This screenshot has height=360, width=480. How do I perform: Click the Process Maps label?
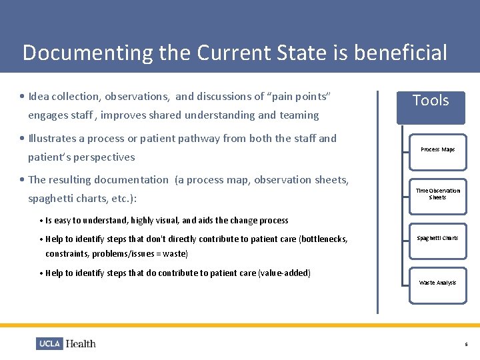coord(437,149)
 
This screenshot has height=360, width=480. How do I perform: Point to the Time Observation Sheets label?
coord(437,194)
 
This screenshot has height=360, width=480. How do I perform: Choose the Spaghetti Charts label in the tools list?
coord(437,238)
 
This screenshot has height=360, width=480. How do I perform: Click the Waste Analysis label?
coord(437,283)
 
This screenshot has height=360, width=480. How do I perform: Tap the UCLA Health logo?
coord(66,343)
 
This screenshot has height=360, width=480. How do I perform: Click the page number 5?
coord(466,345)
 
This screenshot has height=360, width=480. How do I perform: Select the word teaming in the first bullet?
coord(299,115)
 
